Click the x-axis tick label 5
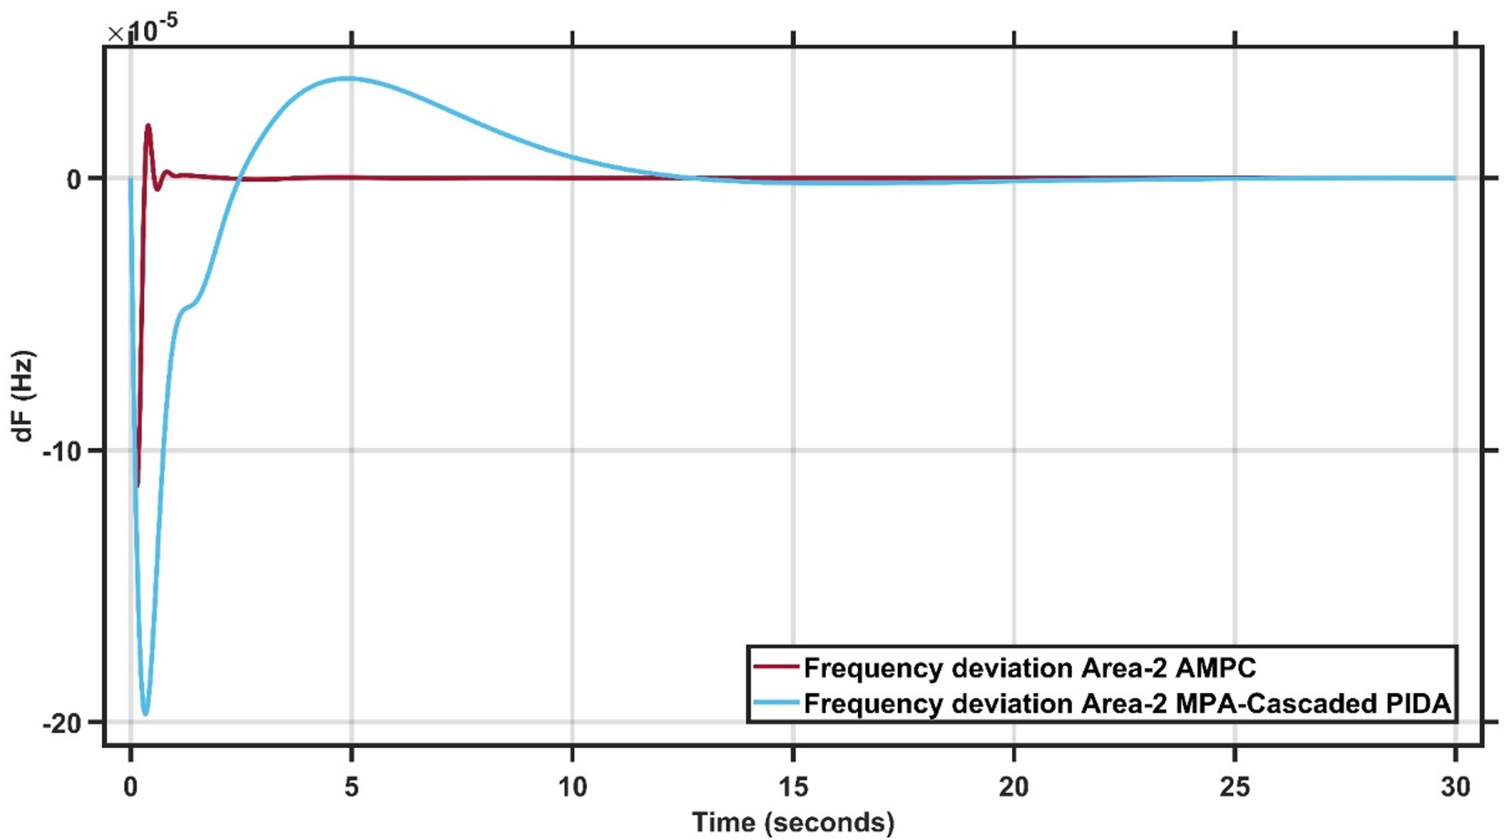(352, 786)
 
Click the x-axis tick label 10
(573, 786)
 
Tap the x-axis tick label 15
(793, 786)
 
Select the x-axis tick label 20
(1014, 786)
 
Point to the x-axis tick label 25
(1234, 786)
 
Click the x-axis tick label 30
(1455, 786)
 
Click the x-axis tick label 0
(131, 786)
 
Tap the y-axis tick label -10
(61, 451)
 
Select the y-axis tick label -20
(61, 723)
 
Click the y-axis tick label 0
(74, 180)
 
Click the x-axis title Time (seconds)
(793, 823)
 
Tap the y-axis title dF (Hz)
(23, 396)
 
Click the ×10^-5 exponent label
(143, 32)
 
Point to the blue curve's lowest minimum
(145, 714)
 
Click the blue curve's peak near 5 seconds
(348, 78)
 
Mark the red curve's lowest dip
(138, 485)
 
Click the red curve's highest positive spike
(148, 126)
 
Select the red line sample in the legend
(776, 668)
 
